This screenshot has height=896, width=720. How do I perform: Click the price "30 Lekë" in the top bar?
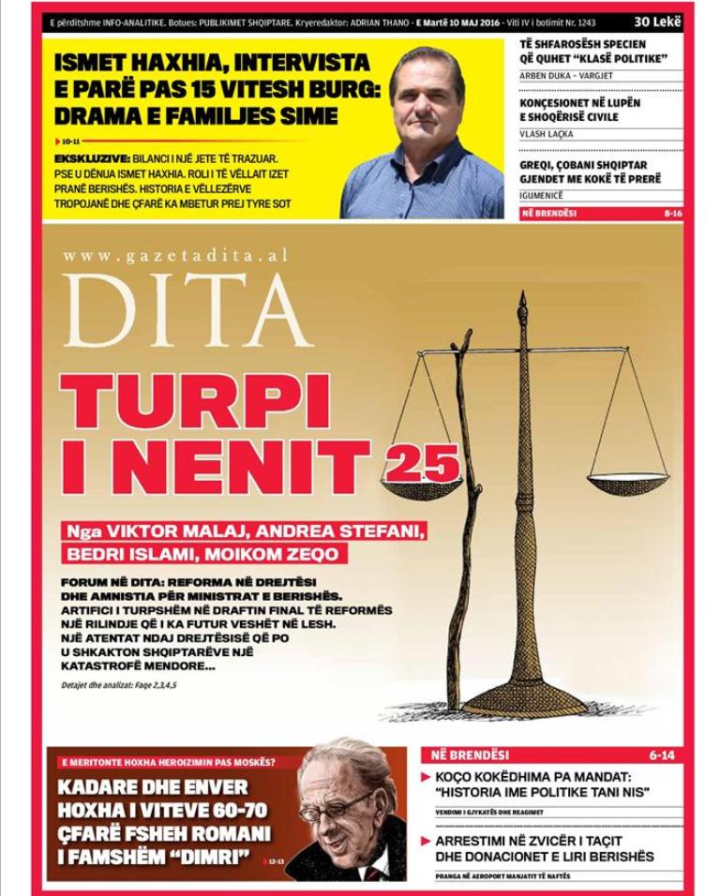[x=657, y=21]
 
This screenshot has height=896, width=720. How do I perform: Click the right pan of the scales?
[x=627, y=485]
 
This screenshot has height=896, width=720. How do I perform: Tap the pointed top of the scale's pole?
[x=522, y=302]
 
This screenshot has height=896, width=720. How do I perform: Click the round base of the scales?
[x=526, y=698]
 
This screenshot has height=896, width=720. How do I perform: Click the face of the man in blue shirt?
[x=427, y=93]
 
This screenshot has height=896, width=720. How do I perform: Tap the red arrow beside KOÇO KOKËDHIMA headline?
[x=426, y=777]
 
